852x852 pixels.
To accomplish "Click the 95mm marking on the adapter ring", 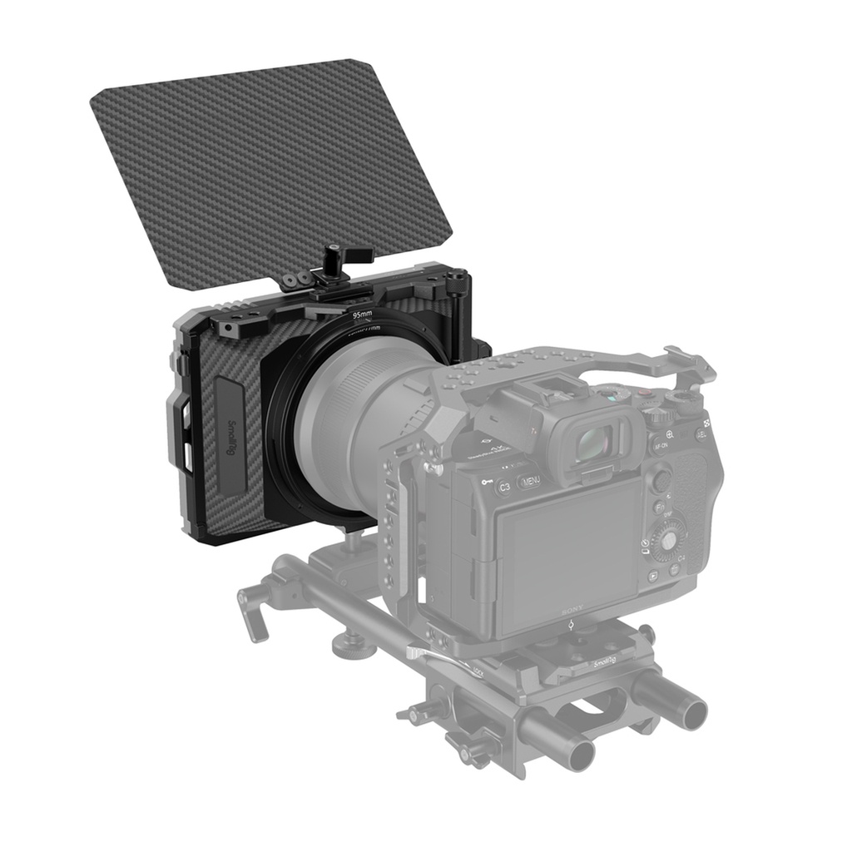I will tap(362, 315).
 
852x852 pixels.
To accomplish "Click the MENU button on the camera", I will tap(531, 481).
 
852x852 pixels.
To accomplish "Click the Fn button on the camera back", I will tap(657, 505).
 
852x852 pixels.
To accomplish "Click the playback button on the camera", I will tap(653, 575).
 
